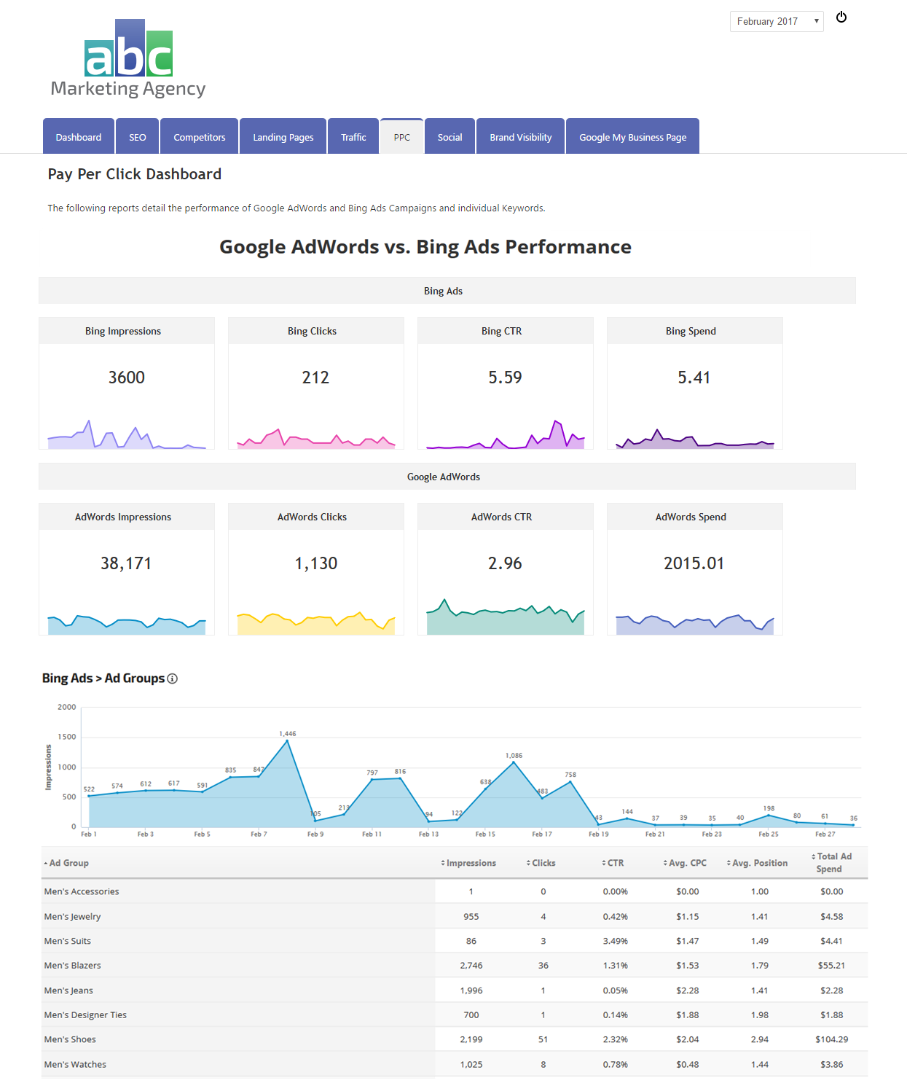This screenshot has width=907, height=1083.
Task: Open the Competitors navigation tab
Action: (x=199, y=137)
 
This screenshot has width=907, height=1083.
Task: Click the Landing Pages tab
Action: (x=283, y=137)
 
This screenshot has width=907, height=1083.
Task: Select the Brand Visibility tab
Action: (x=520, y=137)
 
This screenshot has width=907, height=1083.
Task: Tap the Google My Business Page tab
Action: (x=632, y=137)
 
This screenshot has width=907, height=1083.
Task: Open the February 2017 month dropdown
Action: (x=776, y=22)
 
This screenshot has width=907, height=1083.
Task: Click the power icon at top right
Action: (x=841, y=17)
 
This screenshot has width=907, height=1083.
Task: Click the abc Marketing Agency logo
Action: (x=128, y=59)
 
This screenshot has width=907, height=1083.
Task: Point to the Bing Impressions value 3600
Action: (x=127, y=378)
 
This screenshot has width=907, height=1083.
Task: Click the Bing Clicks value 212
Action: (x=315, y=378)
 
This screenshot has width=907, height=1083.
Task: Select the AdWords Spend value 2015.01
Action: (x=694, y=563)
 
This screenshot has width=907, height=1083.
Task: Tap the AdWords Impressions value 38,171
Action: (x=126, y=563)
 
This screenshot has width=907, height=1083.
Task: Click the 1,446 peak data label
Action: (x=288, y=734)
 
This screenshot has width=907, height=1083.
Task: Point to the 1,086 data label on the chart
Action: (x=514, y=756)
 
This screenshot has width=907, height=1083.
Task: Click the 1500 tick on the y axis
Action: (x=67, y=737)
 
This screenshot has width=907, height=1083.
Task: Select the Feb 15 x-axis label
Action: (x=485, y=834)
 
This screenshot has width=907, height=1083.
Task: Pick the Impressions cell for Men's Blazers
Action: (x=471, y=966)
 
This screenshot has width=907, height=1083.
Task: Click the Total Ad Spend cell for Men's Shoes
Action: (x=831, y=1039)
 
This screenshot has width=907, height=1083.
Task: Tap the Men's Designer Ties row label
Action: (x=85, y=1015)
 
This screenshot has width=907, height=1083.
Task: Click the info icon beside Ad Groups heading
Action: (x=173, y=679)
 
